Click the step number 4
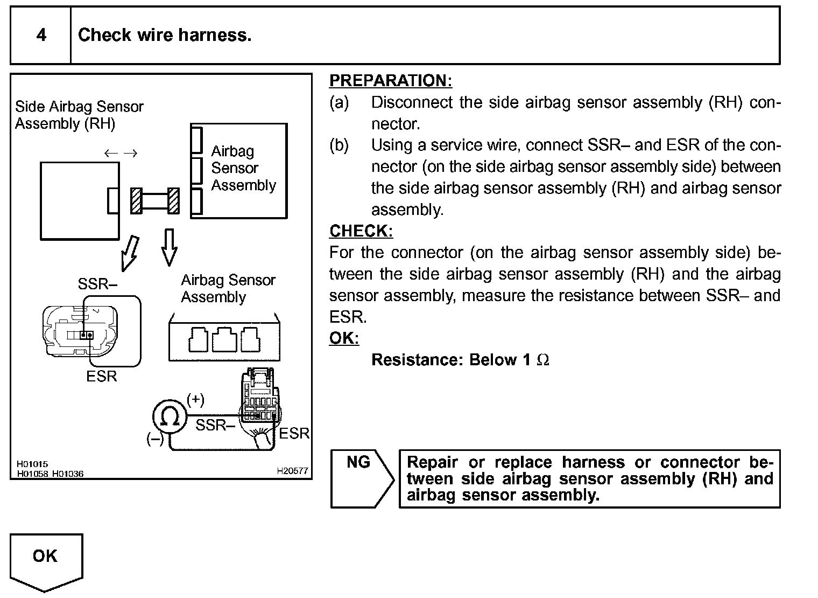[41, 36]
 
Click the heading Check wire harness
[165, 36]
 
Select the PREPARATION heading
[391, 81]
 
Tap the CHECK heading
[361, 231]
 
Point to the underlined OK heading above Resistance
[344, 338]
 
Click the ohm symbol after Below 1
[543, 360]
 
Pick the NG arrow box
[361, 478]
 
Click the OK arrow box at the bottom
[46, 560]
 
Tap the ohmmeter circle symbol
[170, 417]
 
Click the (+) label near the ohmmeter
[195, 399]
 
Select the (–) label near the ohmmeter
[155, 439]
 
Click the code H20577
[292, 471]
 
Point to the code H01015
[32, 464]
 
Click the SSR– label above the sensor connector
[97, 284]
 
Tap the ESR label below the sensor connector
[101, 377]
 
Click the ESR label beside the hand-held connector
[294, 433]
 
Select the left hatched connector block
[136, 200]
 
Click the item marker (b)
[339, 145]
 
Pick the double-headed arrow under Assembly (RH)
[121, 154]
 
